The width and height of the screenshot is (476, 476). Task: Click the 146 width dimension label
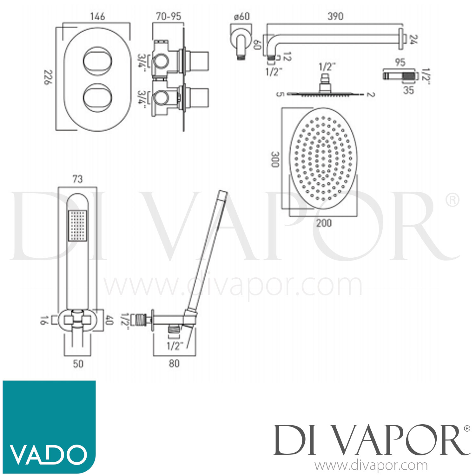97,16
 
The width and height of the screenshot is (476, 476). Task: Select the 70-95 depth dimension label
169,16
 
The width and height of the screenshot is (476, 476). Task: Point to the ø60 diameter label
242,17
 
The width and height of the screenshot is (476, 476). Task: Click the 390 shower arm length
335,16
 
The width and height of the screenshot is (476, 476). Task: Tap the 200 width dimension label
324,223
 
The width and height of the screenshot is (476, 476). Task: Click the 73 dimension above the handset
77,179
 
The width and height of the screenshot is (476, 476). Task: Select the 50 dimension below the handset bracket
78,363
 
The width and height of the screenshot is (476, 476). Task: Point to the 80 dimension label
174,363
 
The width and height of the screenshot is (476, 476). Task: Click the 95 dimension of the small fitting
400,62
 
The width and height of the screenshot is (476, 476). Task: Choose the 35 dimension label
408,90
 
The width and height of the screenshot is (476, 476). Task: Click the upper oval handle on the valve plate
97,61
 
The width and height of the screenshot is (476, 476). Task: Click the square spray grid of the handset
77,226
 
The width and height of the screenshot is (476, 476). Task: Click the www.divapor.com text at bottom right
371,466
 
